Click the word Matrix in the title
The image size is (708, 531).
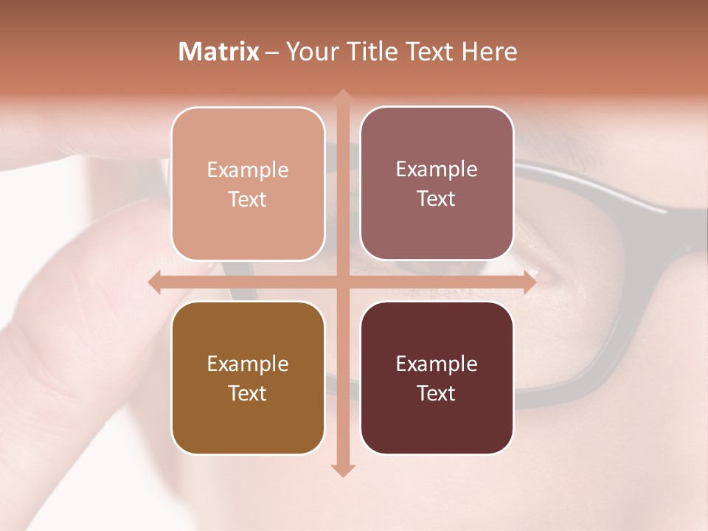(219, 52)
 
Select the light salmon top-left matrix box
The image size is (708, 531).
(248, 184)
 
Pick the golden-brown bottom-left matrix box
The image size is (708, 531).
(248, 378)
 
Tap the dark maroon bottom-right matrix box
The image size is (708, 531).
(437, 378)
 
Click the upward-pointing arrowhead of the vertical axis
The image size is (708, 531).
(341, 96)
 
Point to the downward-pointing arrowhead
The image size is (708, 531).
(341, 470)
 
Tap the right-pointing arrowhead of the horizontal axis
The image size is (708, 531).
(529, 282)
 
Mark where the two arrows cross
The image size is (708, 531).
(341, 282)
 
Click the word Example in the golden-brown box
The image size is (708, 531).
(248, 364)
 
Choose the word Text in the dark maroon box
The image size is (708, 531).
(437, 393)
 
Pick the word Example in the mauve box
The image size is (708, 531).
(437, 170)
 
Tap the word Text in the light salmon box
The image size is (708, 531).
(248, 199)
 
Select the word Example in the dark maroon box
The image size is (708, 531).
(437, 364)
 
